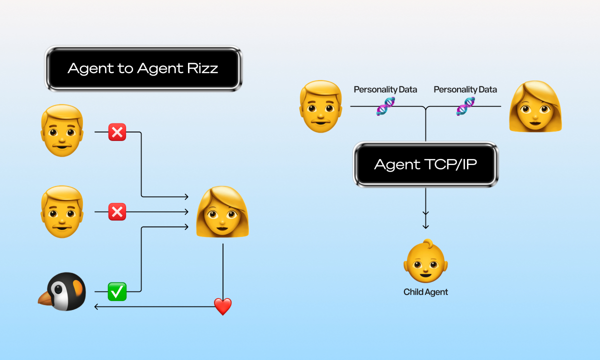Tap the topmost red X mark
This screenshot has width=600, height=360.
point(117,132)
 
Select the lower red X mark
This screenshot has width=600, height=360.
point(117,212)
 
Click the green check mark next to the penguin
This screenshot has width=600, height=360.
point(117,291)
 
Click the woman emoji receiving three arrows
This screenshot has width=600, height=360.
point(222,212)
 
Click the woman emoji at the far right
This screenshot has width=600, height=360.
point(535,106)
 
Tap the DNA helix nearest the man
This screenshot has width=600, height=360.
point(385,106)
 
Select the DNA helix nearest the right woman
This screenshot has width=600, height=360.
point(465,106)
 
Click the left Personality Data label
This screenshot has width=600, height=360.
point(385,89)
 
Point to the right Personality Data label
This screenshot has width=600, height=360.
point(465,89)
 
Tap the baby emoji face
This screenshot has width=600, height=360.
point(425,262)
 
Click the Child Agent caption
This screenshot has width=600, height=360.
point(425,292)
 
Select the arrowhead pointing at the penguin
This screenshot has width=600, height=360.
point(96,306)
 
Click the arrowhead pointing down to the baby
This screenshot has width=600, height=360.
point(425,226)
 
